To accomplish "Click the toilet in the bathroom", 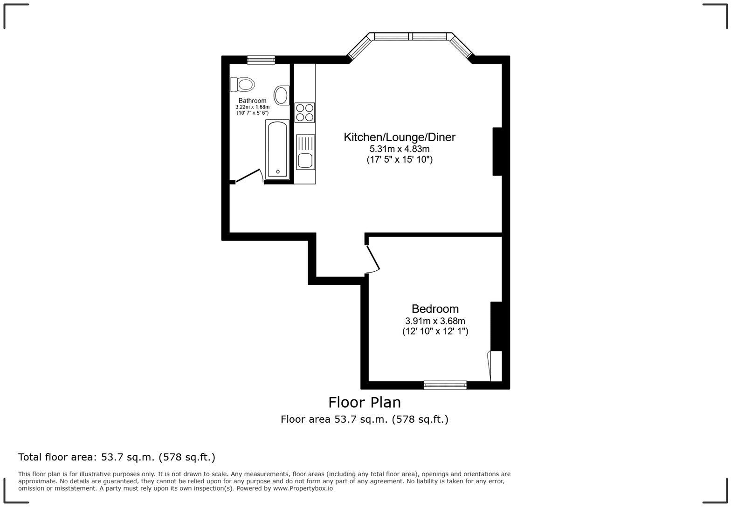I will [242, 85].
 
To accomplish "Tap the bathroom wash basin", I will [281, 95].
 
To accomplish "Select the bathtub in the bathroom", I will [277, 149].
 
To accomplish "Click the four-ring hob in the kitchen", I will [305, 112].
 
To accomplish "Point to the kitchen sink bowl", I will [305, 160].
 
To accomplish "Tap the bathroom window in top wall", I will [261, 60].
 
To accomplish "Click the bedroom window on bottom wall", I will [445, 385].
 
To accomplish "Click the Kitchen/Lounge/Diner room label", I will [399, 137].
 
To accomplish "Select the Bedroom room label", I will [434, 308].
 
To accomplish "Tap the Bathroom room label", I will [252, 101].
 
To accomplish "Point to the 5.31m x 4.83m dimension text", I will [399, 149].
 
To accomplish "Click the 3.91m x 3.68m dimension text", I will [434, 321].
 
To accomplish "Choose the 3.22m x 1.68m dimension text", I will [252, 107].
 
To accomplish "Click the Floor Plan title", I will [364, 402].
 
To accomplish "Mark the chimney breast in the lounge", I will [497, 151].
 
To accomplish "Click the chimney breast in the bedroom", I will [496, 326].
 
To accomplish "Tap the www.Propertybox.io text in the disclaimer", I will [303, 488].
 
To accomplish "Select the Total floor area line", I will [117, 457].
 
